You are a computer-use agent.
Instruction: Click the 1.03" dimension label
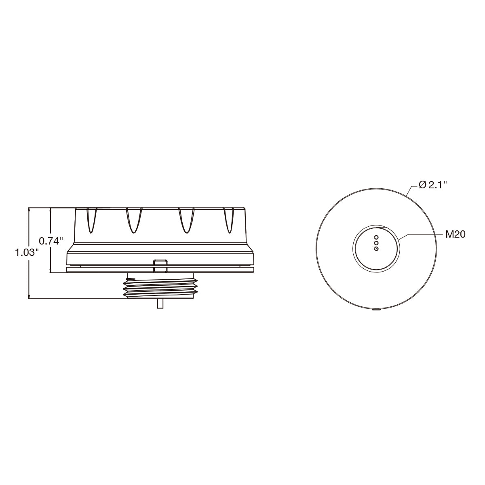28,252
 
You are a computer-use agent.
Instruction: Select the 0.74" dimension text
51,241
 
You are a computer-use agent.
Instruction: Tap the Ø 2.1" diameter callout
432,185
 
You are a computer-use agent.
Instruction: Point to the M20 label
455,234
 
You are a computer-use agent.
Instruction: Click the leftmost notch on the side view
91,220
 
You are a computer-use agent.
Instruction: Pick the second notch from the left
134,220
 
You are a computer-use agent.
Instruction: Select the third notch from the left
186,220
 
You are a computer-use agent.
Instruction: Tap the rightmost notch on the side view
229,220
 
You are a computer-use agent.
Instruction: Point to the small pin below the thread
160,304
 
